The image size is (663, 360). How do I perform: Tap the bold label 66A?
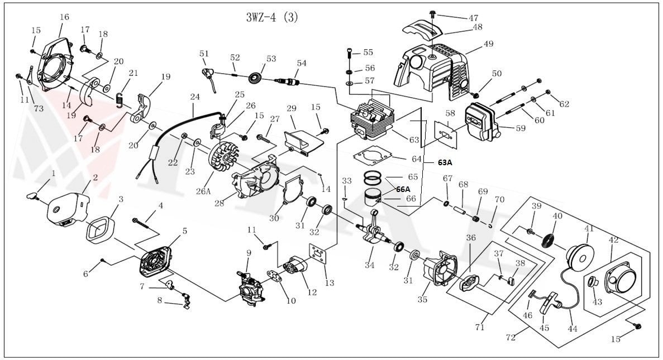(403, 189)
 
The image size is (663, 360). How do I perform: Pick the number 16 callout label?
(64, 17)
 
